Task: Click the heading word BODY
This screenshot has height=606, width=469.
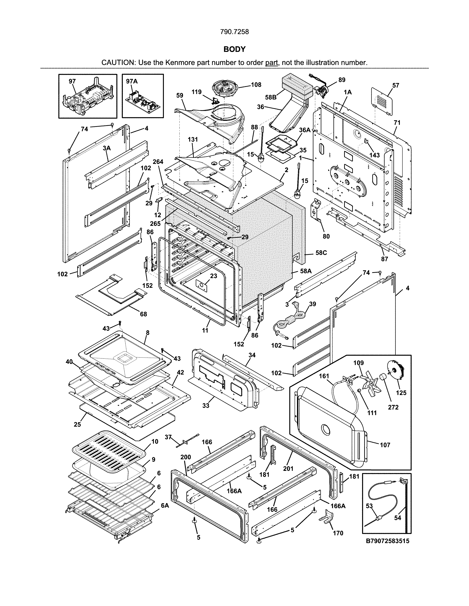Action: (234, 49)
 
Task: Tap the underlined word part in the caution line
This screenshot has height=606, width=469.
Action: (271, 63)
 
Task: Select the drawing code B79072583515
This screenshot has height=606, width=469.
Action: (388, 541)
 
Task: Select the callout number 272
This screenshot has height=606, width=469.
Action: (393, 407)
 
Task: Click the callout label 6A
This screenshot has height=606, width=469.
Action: (165, 506)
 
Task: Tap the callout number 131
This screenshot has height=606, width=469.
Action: (193, 140)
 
